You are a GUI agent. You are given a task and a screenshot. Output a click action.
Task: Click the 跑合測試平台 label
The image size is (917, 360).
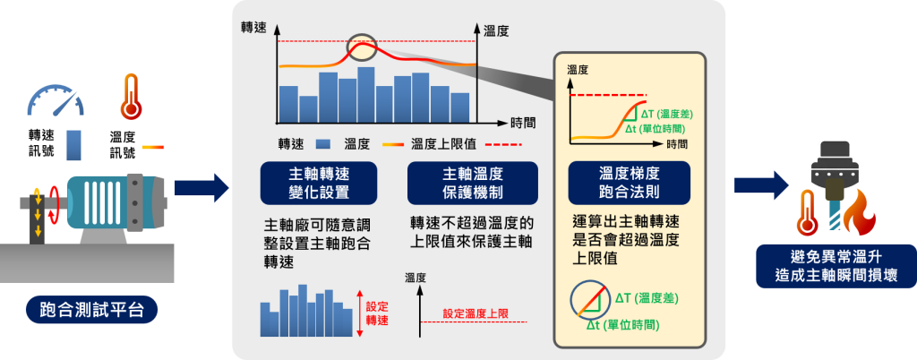92,310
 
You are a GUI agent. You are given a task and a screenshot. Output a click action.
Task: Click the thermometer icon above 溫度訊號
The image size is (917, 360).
131,97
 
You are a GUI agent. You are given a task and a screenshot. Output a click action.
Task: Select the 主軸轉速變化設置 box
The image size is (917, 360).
319,183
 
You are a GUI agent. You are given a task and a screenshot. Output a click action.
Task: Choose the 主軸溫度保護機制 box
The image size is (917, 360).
473,183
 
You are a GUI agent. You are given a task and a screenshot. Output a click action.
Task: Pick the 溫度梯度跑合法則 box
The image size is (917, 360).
630,183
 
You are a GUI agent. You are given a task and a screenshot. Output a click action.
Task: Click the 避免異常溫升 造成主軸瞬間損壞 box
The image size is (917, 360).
836,266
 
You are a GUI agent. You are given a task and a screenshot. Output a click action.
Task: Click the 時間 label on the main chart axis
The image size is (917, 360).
523,123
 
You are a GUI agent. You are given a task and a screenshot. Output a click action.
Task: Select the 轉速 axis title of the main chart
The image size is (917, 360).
253,28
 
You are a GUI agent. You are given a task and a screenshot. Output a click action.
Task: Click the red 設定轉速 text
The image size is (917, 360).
377,313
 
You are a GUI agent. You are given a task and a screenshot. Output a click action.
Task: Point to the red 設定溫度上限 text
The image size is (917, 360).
476,313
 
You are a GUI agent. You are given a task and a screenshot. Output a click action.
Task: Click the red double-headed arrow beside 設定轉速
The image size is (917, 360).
360,313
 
